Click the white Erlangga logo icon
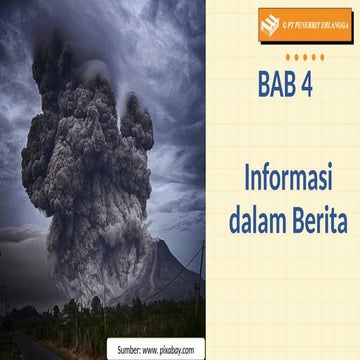270,22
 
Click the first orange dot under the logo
288,57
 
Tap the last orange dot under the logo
322,57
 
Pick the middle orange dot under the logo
305,57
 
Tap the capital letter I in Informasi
248,182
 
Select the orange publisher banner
304,23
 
